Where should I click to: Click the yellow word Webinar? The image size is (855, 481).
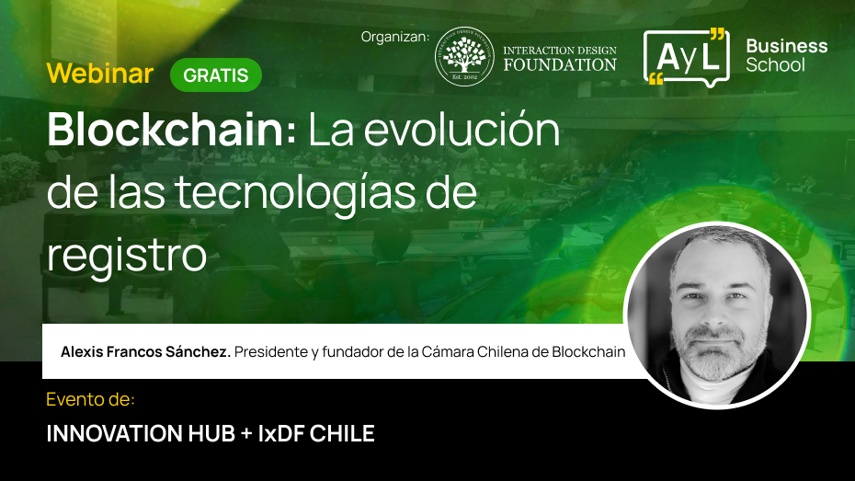click(100, 74)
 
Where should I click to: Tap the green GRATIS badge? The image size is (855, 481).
click(216, 75)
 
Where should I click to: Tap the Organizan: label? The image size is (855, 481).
click(394, 37)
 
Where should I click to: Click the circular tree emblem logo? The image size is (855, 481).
click(464, 56)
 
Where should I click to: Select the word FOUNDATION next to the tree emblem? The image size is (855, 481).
click(559, 65)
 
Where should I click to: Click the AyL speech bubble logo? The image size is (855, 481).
click(685, 57)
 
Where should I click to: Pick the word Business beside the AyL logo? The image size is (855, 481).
click(786, 46)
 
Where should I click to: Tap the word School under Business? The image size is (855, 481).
click(775, 65)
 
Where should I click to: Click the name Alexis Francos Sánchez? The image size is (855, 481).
click(145, 351)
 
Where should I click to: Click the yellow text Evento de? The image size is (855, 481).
click(90, 400)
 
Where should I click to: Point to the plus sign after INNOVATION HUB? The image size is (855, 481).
click(245, 434)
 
